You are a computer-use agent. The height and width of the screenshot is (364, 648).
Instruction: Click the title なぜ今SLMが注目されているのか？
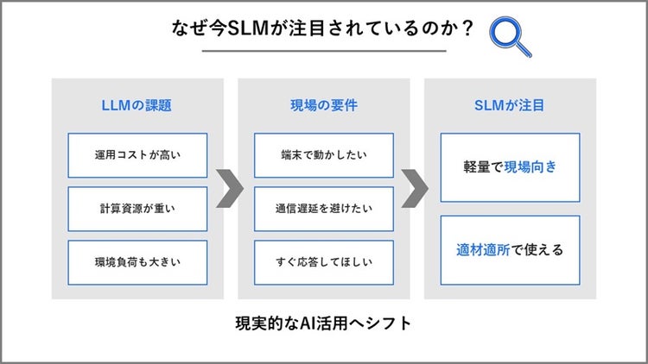point(323,28)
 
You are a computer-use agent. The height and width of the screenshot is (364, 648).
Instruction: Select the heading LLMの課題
point(137,106)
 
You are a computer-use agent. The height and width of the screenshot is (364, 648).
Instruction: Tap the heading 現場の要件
point(323,106)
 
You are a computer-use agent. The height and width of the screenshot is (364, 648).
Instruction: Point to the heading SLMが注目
point(510,106)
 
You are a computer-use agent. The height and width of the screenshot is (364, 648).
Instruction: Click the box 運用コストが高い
point(137,155)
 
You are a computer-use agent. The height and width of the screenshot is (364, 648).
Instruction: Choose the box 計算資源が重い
point(137,209)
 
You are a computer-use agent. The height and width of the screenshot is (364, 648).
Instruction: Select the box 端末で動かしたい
point(323,155)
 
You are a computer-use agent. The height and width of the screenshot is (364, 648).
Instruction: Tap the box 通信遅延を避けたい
point(323,209)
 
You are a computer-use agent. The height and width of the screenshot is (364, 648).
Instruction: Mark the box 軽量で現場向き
point(510,166)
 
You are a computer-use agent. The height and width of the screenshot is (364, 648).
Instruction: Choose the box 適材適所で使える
point(510,250)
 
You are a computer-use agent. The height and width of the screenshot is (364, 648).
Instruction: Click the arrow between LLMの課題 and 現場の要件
point(230,189)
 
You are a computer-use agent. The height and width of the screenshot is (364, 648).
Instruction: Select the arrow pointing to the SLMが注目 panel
point(416,189)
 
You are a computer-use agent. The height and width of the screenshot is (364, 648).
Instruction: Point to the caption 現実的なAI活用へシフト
point(323,324)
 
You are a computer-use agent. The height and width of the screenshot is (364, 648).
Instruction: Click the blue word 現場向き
point(530,166)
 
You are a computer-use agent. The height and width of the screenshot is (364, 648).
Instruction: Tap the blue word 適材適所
point(486,250)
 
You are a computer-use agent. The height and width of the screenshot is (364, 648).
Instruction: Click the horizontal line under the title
point(323,51)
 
